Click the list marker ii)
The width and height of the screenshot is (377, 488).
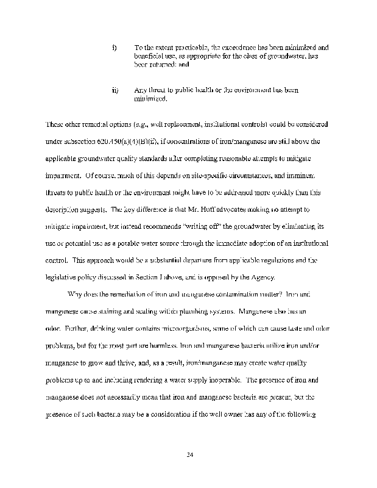[115, 90]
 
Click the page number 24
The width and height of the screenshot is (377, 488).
[188, 454]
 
